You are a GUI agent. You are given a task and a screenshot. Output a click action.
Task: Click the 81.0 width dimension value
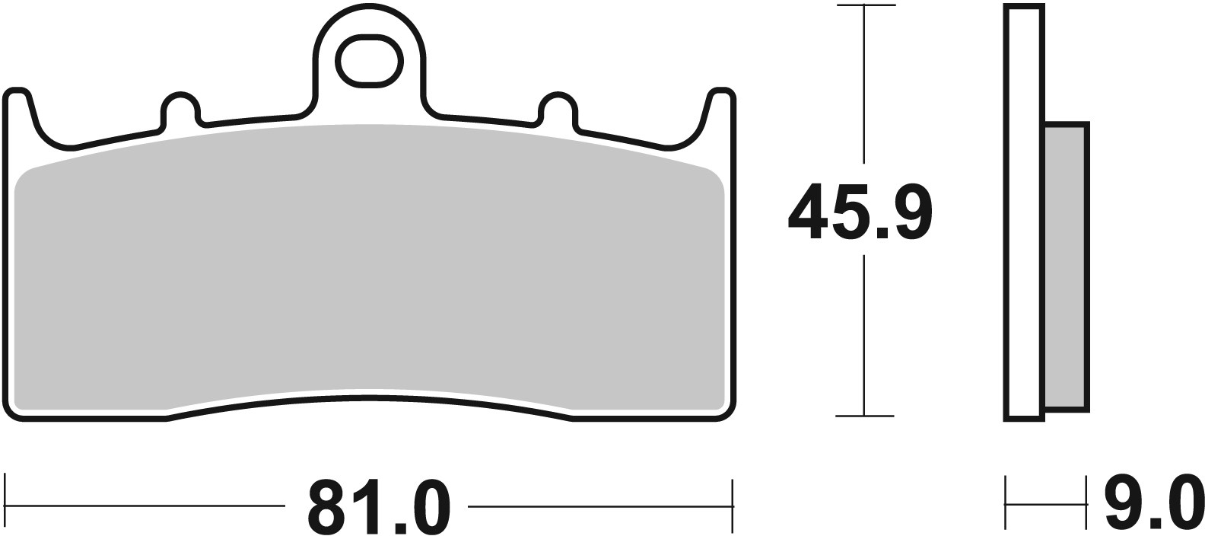378,506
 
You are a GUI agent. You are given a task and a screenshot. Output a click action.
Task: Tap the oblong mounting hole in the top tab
369,60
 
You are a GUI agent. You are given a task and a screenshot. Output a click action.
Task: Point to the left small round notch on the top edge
180,108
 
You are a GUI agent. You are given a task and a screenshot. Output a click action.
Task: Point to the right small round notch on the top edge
557,108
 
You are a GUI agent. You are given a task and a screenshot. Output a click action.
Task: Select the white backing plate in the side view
1024,213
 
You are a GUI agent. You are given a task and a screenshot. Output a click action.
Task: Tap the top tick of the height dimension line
864,6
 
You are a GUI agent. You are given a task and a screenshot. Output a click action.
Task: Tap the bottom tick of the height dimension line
864,416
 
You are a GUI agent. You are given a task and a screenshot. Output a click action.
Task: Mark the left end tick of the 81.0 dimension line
6,503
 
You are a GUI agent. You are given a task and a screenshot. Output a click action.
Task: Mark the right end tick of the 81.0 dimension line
732,503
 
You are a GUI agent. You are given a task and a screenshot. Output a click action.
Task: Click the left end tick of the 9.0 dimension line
1006,503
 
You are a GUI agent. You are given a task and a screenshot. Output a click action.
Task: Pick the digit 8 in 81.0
333,506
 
